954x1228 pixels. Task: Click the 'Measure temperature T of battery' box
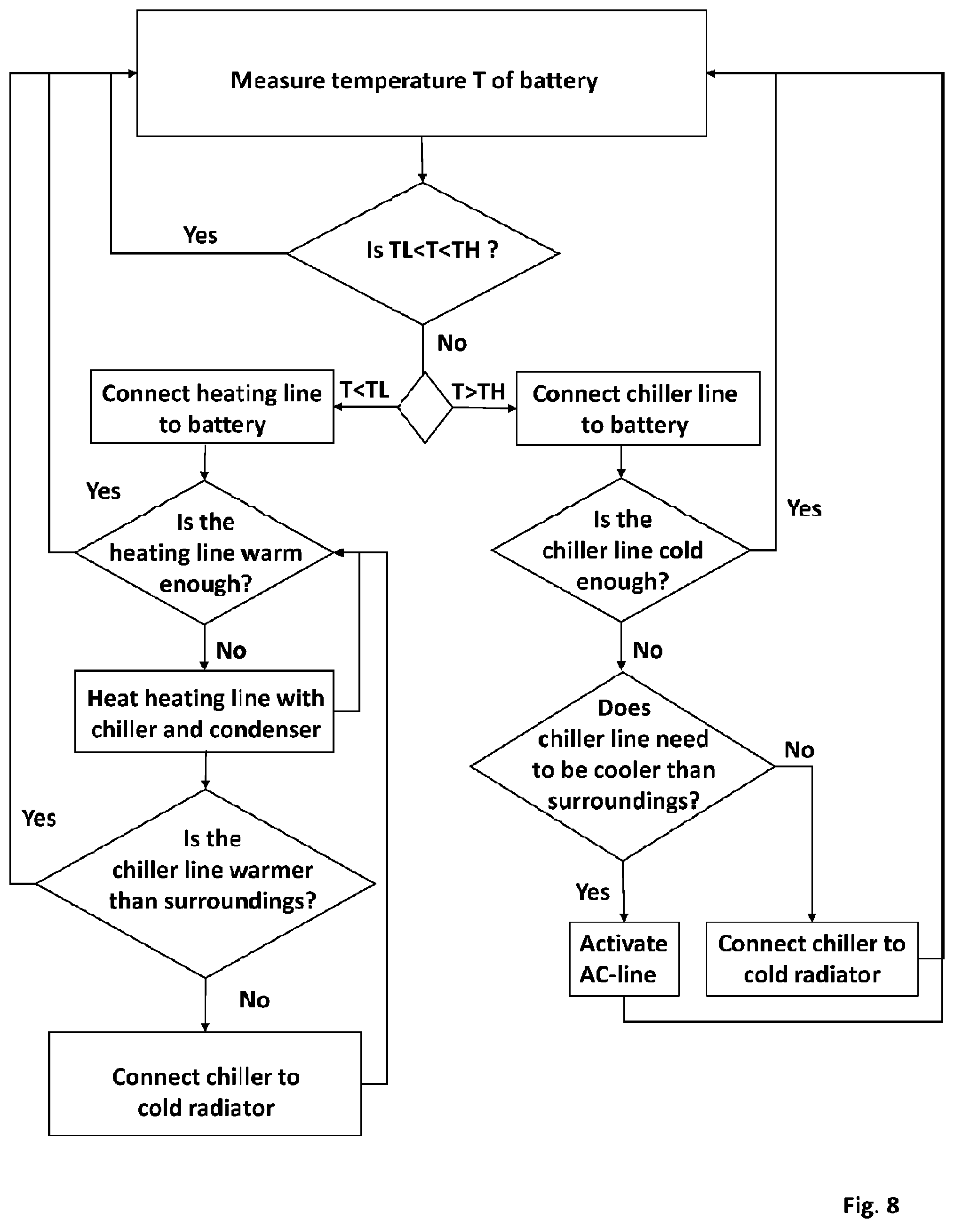tap(421, 73)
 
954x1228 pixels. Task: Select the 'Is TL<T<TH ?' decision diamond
tap(423, 254)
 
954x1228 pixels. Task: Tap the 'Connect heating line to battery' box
tap(212, 407)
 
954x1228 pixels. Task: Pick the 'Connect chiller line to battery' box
tap(638, 408)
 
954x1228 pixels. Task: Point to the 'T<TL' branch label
tap(364, 389)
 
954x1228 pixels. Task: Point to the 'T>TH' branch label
tap(479, 391)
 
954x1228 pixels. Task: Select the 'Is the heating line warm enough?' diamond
tap(205, 552)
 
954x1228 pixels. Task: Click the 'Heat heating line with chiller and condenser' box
tap(204, 711)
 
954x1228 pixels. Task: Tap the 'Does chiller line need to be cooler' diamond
tap(623, 766)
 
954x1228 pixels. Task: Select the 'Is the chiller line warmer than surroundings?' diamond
tap(206, 883)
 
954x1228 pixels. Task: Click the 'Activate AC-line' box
tap(624, 959)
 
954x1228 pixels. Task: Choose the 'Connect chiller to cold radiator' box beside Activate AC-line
tap(812, 959)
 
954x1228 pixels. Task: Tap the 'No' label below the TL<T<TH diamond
tap(452, 343)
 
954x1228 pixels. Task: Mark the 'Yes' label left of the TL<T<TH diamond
tap(200, 235)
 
